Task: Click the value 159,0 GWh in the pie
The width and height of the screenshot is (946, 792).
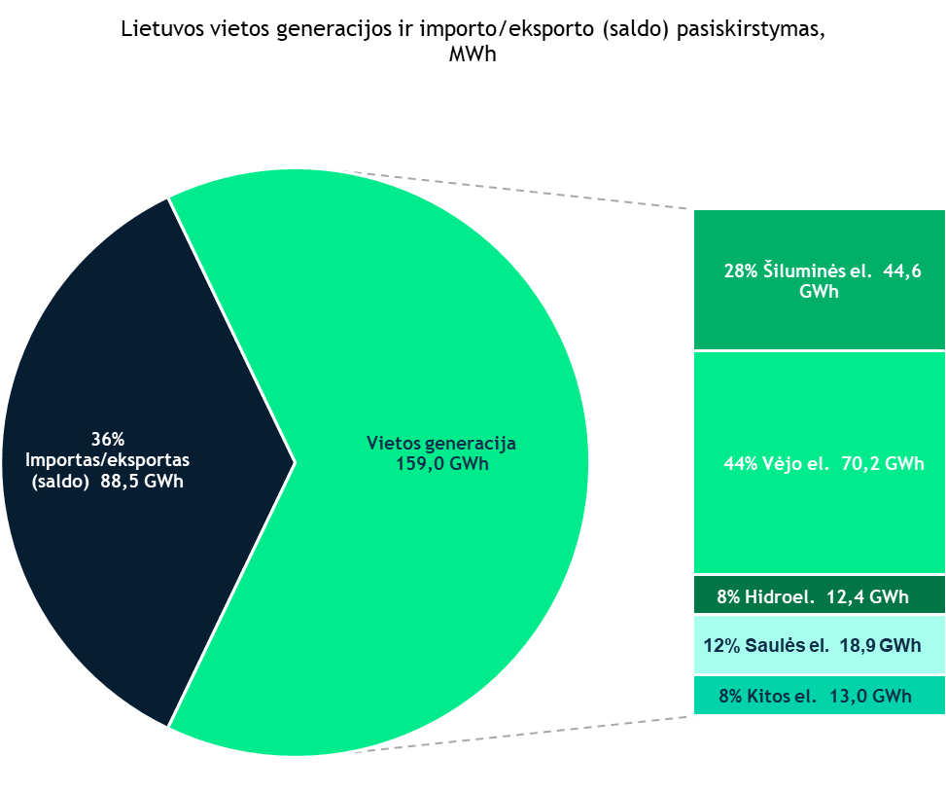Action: pos(441,464)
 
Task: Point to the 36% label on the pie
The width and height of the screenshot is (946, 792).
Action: pos(108,437)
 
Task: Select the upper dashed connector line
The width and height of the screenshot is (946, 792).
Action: pos(525,191)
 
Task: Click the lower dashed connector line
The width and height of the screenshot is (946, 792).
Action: pos(525,735)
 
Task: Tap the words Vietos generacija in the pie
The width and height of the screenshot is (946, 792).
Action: pos(441,444)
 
